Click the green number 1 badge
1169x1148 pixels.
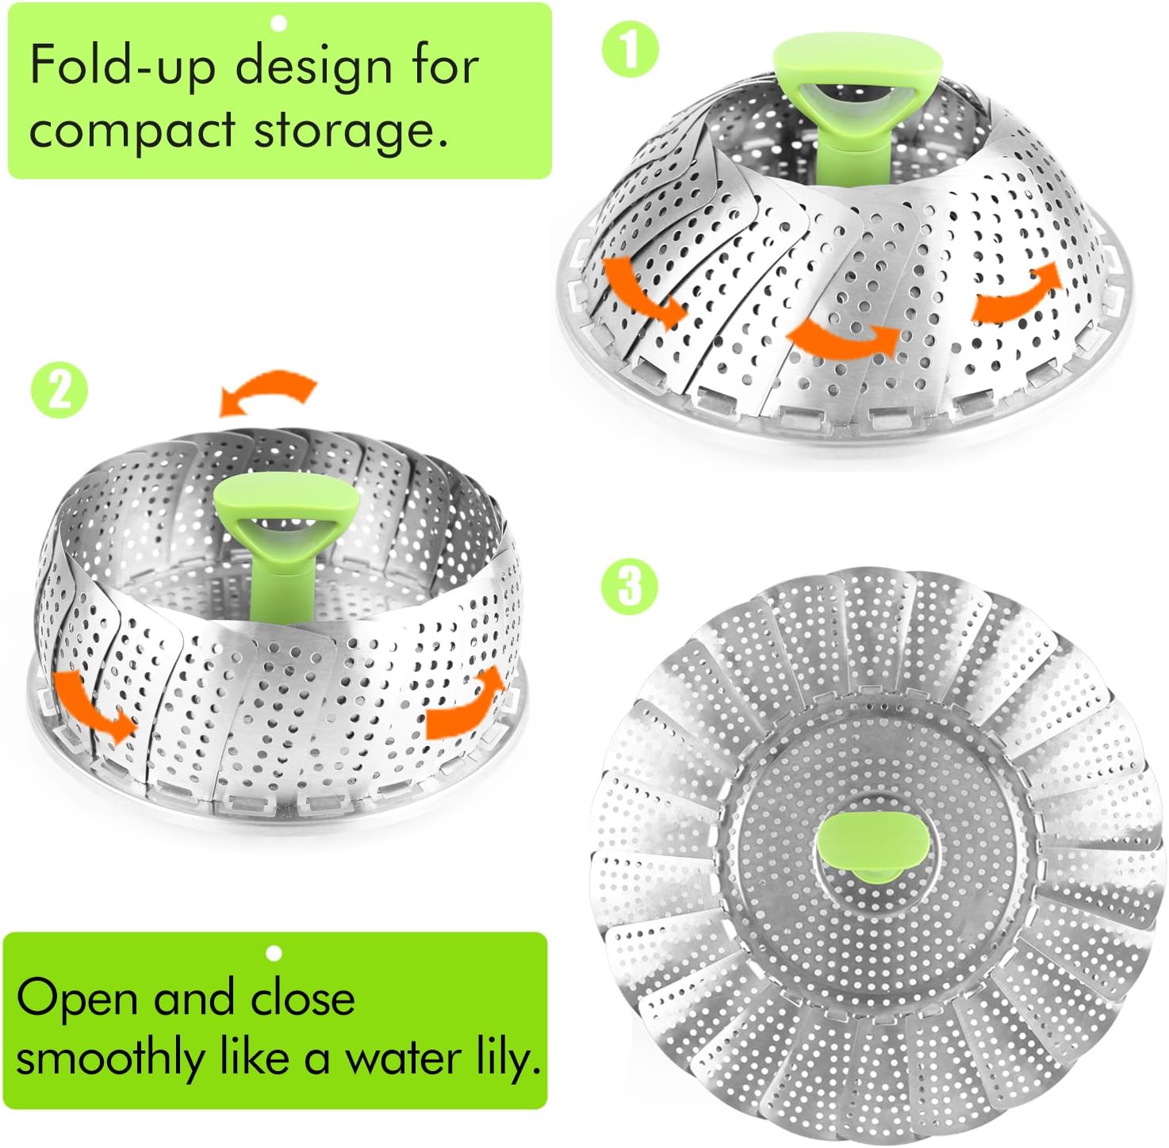pos(630,49)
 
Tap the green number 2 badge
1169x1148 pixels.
pos(59,389)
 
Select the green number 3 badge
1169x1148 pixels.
pos(629,587)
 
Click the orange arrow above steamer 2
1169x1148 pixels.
pos(270,391)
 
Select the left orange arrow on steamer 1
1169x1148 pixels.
pos(642,289)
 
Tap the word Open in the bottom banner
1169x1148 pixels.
pos(77,999)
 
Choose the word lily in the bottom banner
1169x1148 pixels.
pos(508,1058)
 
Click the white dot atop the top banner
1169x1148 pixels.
pos(278,25)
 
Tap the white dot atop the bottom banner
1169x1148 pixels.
pos(274,953)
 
